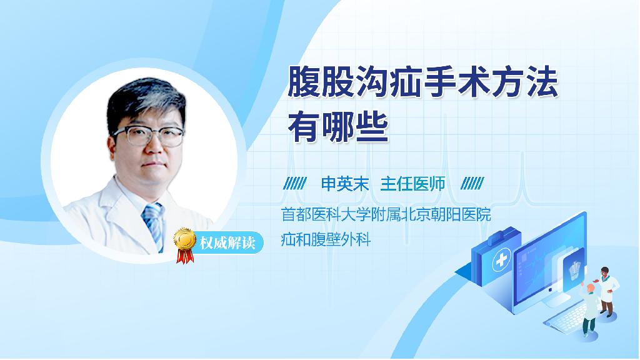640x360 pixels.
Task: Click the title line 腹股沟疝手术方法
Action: pos(423,83)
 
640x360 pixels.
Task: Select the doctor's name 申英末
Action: pos(345,184)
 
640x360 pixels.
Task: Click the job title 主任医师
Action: pos(412,184)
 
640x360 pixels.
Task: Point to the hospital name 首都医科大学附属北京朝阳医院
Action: pos(386,214)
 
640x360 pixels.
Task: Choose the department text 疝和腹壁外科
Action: pos(326,239)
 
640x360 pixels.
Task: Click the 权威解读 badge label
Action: pos(227,243)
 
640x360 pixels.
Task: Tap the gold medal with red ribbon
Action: pos(185,245)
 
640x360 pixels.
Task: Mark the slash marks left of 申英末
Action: pos(295,184)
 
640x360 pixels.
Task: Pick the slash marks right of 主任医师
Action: pos(472,184)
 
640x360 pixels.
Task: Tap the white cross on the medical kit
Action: pos(502,260)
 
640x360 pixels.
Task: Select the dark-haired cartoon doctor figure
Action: pos(606,291)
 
